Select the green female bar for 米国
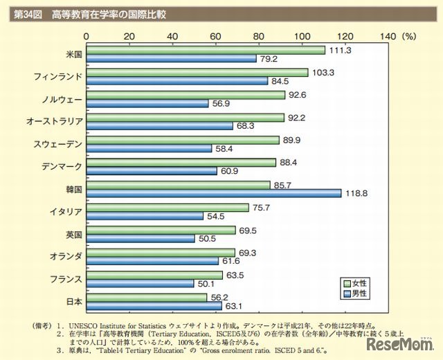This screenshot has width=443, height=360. (206, 50)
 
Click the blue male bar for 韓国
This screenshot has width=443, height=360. (214, 193)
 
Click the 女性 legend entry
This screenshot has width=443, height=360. (356, 283)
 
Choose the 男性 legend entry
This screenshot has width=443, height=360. (356, 294)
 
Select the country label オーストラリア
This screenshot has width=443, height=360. (54, 121)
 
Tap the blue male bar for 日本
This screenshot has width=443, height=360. (154, 306)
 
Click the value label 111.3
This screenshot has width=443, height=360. (338, 50)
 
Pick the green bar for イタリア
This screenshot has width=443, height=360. (168, 207)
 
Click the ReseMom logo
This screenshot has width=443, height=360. (405, 344)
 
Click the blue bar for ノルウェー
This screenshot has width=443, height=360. (147, 103)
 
